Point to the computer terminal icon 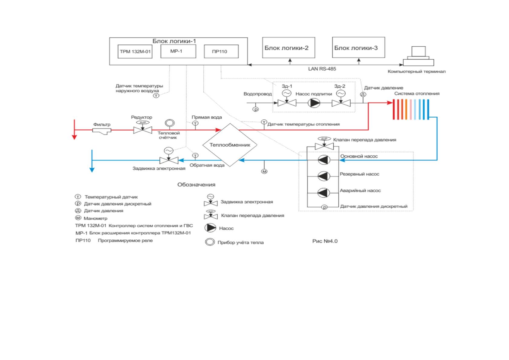(418, 56)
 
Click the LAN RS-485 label (322, 69)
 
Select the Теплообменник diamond (230, 145)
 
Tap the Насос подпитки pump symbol (314, 103)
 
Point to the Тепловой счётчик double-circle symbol (170, 123)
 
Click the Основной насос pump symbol (324, 160)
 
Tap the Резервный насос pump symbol (324, 176)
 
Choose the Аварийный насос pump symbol (324, 193)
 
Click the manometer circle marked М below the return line (264, 171)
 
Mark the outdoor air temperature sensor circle (156, 96)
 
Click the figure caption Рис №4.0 (325, 241)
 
